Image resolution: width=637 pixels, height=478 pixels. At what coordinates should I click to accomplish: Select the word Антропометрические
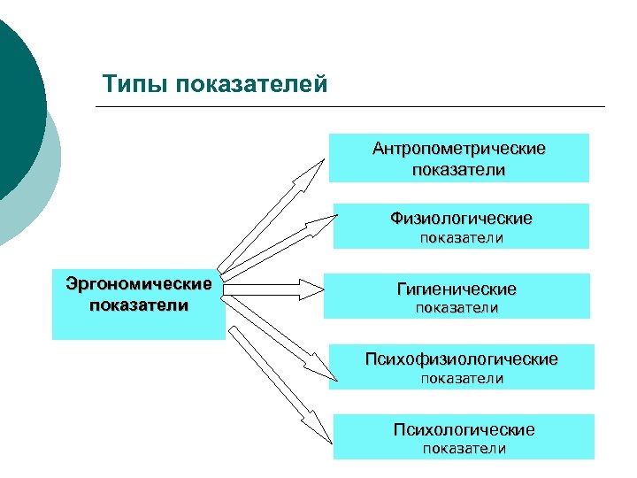point(458,149)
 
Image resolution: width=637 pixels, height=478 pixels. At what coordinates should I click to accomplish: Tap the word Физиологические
point(460,218)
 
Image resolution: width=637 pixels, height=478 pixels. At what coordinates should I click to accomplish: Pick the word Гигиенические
point(457,289)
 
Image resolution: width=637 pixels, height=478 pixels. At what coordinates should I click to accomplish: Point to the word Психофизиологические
point(461,359)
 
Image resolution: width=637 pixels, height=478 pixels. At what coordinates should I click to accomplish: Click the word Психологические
point(464,430)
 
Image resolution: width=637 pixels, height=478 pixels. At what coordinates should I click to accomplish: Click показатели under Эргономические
point(139,305)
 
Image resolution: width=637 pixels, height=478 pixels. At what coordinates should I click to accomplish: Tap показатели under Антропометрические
point(458,169)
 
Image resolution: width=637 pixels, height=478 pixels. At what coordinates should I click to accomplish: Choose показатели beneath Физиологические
point(461,237)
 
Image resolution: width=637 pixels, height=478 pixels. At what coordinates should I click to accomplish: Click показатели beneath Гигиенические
point(457,308)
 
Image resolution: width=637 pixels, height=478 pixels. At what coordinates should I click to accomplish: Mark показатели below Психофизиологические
point(462,379)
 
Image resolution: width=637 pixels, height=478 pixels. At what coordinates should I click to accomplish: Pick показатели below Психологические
point(464,449)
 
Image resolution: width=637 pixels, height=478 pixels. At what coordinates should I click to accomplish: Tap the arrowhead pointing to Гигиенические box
point(312,289)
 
